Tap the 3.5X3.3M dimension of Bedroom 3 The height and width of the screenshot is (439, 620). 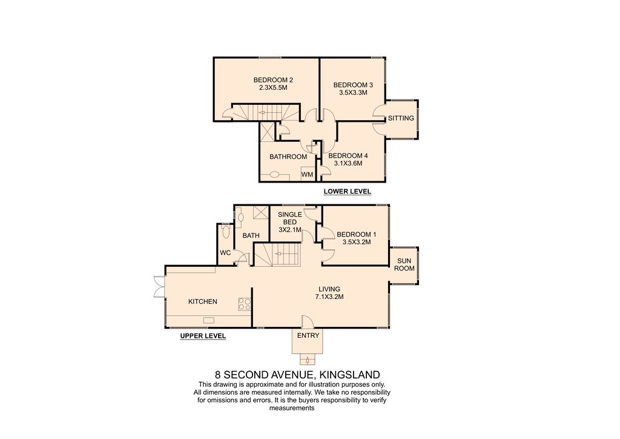(x=353, y=93)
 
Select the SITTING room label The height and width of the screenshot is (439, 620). (x=401, y=118)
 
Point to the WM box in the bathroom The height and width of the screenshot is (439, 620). (x=307, y=174)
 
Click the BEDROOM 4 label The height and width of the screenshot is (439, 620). (x=348, y=156)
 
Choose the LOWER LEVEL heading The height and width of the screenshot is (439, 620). (x=347, y=192)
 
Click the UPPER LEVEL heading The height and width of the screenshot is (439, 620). (x=203, y=336)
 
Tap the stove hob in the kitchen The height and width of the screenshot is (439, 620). (x=245, y=304)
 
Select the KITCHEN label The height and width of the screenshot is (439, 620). (x=202, y=301)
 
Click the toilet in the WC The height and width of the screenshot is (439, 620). (x=226, y=231)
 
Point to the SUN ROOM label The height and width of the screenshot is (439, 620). (x=404, y=264)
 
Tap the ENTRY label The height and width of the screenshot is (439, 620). (x=308, y=336)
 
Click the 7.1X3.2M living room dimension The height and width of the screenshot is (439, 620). (x=329, y=297)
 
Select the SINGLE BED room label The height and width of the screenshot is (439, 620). (x=290, y=218)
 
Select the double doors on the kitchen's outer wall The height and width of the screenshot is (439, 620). (x=159, y=286)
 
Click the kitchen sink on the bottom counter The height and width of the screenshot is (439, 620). (x=209, y=320)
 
